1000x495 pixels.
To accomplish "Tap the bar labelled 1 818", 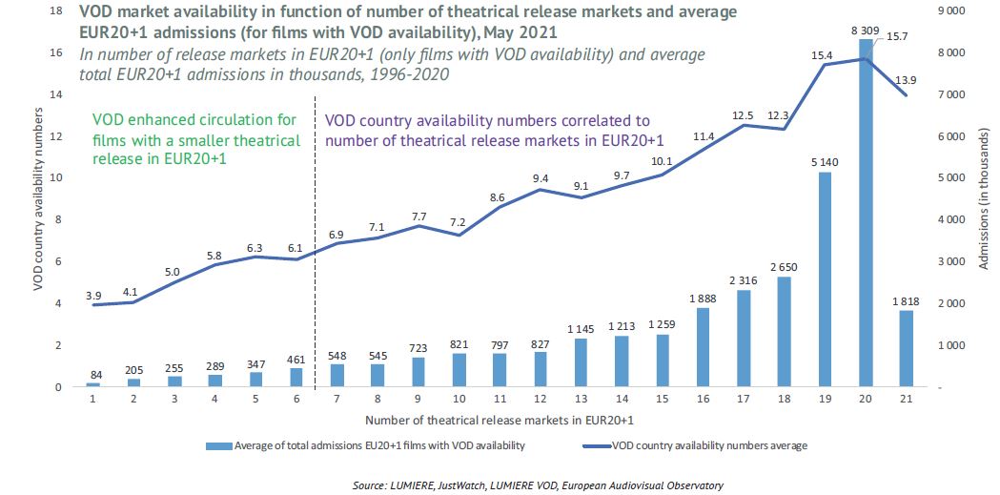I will click(x=907, y=348).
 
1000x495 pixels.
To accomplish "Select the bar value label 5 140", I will click(x=825, y=162).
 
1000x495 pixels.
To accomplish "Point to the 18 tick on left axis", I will click(x=55, y=11).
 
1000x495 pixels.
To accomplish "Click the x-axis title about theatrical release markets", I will click(x=500, y=420).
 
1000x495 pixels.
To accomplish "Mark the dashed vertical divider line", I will click(x=315, y=238).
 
